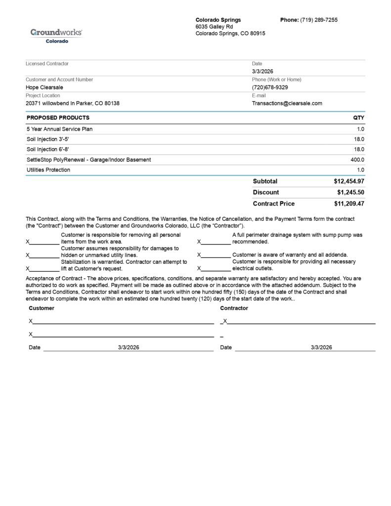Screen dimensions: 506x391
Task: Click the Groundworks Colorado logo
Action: click(x=56, y=35)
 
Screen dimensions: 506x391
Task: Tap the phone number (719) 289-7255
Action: click(x=319, y=20)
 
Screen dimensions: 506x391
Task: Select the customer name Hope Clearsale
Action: click(x=44, y=87)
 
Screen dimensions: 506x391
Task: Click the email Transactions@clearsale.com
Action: click(x=287, y=103)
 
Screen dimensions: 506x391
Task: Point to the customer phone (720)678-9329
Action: click(x=270, y=87)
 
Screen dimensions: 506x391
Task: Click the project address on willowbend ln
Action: click(x=73, y=103)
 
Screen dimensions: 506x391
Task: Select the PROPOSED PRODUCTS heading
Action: click(x=58, y=118)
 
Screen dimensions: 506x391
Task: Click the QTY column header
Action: click(x=358, y=118)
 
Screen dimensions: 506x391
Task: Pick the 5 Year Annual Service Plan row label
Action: click(x=59, y=129)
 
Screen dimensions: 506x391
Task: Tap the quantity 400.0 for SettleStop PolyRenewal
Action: click(x=357, y=160)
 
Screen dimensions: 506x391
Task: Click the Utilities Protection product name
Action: click(x=48, y=170)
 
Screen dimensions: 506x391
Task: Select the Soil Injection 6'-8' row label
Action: click(x=48, y=149)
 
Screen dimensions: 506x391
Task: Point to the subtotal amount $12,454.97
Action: click(x=349, y=181)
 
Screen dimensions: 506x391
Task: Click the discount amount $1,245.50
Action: click(x=350, y=192)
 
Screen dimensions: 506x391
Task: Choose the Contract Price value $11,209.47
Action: click(x=349, y=204)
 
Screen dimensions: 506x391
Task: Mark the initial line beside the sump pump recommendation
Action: click(x=216, y=242)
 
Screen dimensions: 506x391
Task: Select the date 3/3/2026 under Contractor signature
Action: click(x=321, y=347)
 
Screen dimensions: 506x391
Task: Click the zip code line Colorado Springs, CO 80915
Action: click(x=230, y=34)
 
